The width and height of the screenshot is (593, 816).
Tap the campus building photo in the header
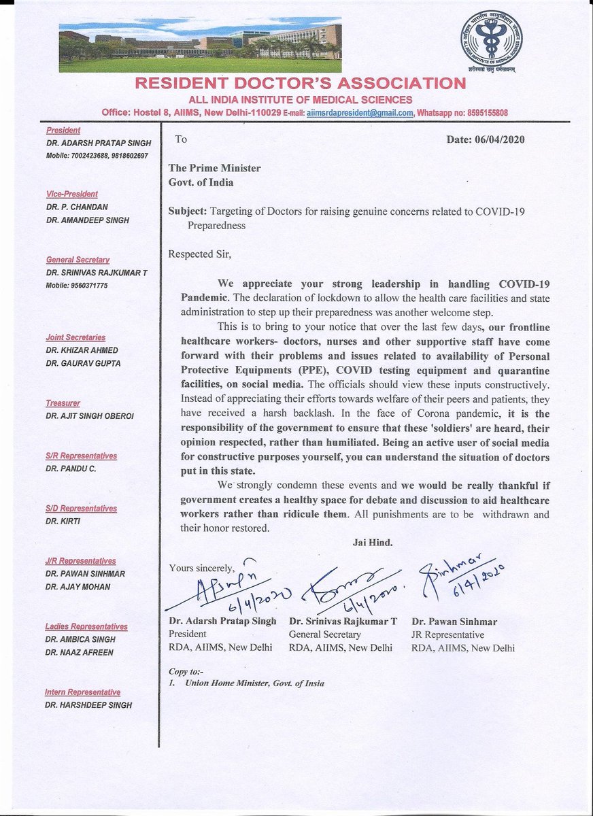pyautogui.click(x=200, y=44)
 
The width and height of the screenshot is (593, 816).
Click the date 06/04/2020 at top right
pyautogui.click(x=486, y=139)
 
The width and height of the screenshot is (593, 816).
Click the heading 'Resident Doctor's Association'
pyautogui.click(x=300, y=84)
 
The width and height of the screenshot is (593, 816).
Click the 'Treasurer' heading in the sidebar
pyautogui.click(x=63, y=403)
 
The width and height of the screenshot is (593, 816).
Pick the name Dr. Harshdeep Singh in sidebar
pyautogui.click(x=88, y=705)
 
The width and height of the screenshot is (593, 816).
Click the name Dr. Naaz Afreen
pyautogui.click(x=80, y=652)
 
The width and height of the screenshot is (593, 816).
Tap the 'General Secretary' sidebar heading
pyautogui.click(x=78, y=260)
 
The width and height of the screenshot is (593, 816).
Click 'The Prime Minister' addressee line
pyautogui.click(x=214, y=168)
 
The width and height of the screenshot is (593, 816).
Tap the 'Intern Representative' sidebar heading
pyautogui.click(x=82, y=692)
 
